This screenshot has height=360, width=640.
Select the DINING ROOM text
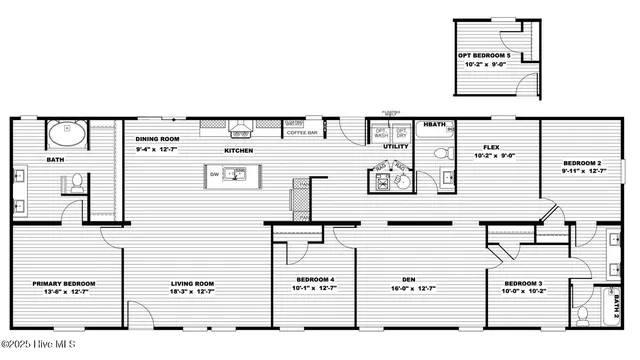(x=157, y=139)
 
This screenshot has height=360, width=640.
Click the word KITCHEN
(x=238, y=150)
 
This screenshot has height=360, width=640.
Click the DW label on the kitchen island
(x=214, y=174)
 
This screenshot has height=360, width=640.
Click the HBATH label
(x=435, y=125)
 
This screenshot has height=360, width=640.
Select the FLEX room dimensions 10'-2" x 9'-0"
(x=492, y=156)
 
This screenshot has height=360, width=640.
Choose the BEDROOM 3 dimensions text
(x=522, y=293)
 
